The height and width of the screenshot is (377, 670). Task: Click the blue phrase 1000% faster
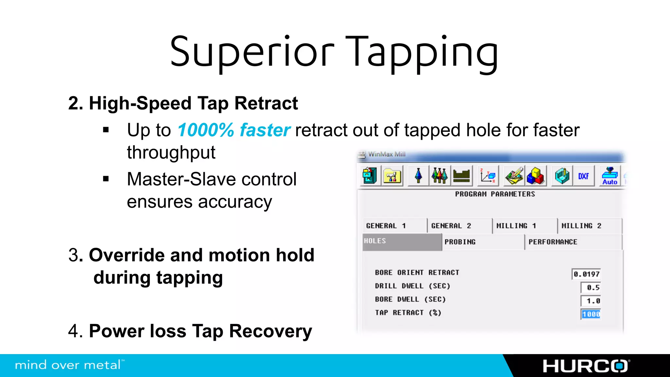coord(234,130)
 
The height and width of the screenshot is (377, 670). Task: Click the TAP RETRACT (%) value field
coord(591,314)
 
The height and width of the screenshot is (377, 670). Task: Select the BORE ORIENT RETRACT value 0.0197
coord(586,274)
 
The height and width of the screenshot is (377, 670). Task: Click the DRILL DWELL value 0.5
coord(591,288)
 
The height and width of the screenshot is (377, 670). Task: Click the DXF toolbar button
coord(583,176)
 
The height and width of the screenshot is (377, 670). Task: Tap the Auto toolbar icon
coord(610,176)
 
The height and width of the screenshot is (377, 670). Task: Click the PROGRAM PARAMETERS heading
coord(495,194)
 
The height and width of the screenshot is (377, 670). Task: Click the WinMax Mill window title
coord(387,154)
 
